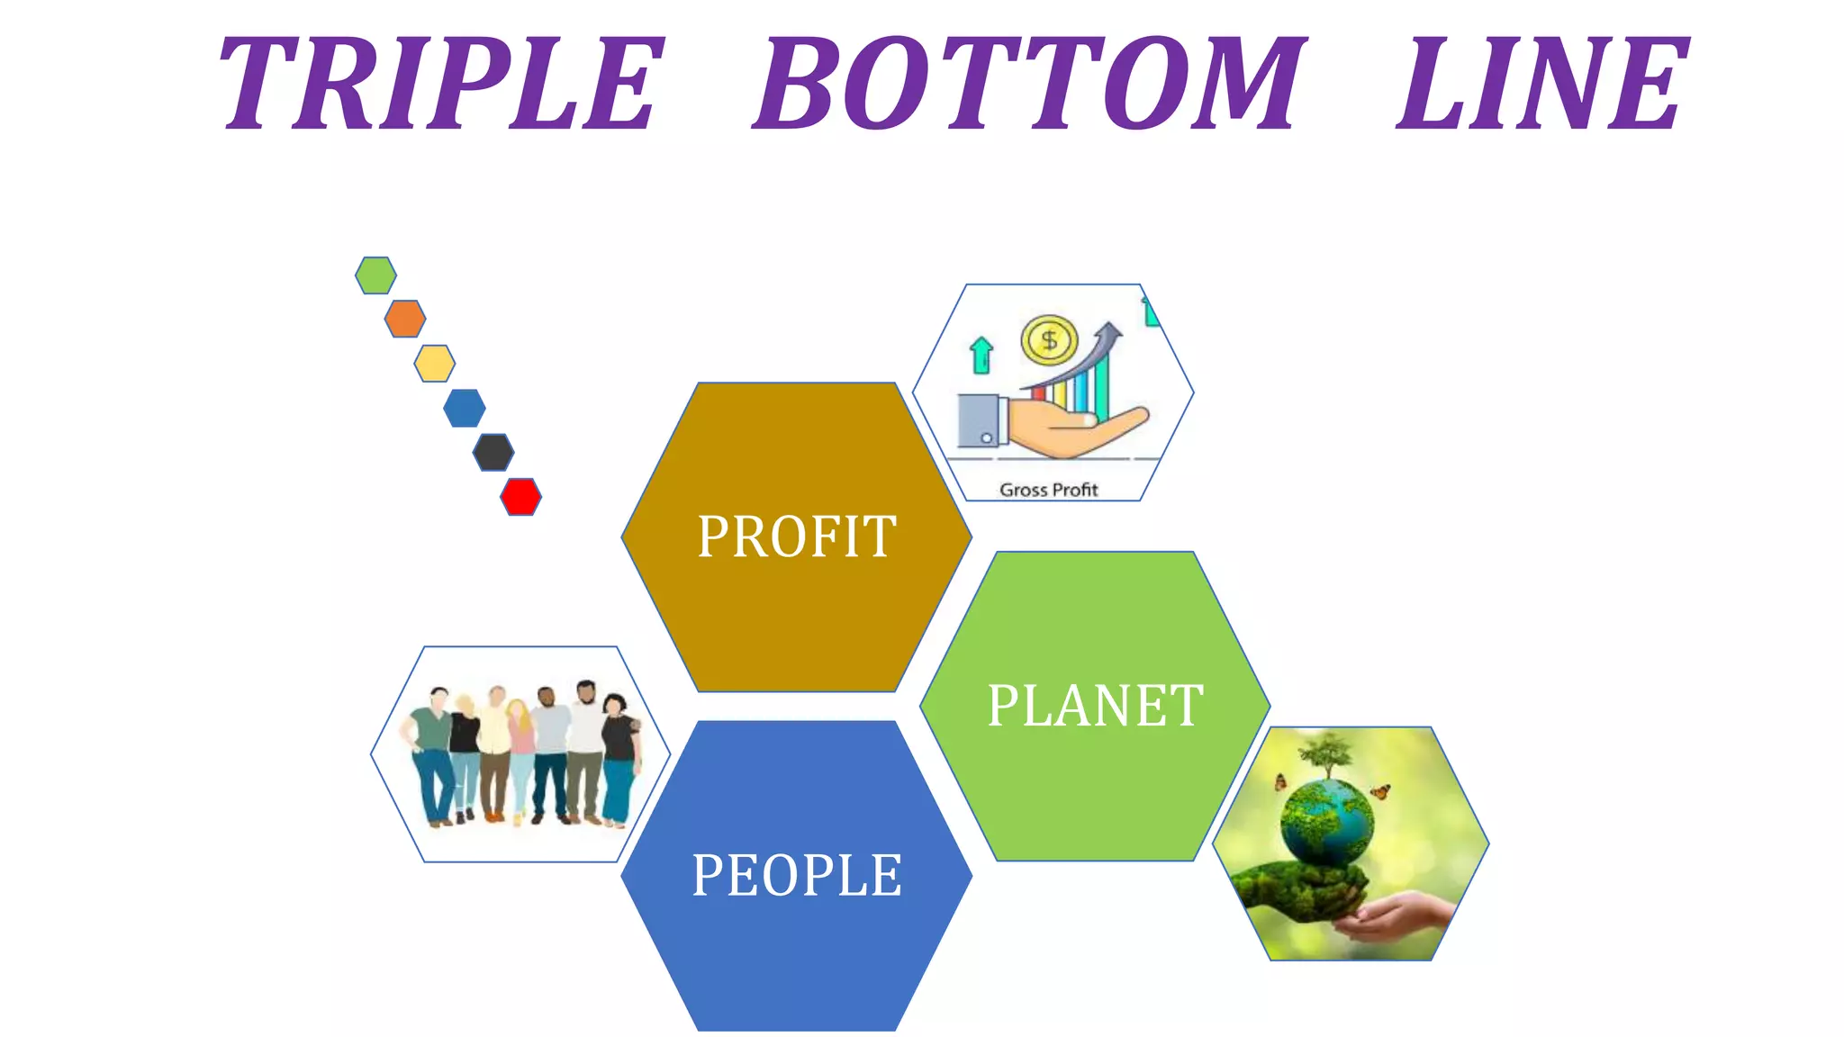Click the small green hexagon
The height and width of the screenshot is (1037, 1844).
pyautogui.click(x=375, y=275)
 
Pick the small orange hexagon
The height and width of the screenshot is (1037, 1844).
pyautogui.click(x=405, y=319)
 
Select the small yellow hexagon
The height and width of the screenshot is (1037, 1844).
pyautogui.click(x=435, y=364)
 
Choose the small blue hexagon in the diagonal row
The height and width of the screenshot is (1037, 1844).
pyautogui.click(x=465, y=408)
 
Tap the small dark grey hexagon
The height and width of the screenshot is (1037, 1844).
pyautogui.click(x=493, y=452)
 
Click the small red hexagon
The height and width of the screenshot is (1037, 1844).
pyautogui.click(x=520, y=497)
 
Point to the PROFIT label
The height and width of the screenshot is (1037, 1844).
pyautogui.click(x=797, y=537)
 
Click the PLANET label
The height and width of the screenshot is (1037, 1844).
pyautogui.click(x=1095, y=706)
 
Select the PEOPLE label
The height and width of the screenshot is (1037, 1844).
pyautogui.click(x=797, y=875)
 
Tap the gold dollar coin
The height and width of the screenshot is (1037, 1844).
pyautogui.click(x=1049, y=340)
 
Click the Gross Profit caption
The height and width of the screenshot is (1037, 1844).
pyautogui.click(x=1049, y=490)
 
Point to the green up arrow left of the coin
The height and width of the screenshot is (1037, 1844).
pyautogui.click(x=981, y=355)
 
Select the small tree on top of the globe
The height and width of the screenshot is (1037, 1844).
pyautogui.click(x=1327, y=753)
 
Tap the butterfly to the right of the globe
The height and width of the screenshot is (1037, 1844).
pyautogui.click(x=1380, y=792)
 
